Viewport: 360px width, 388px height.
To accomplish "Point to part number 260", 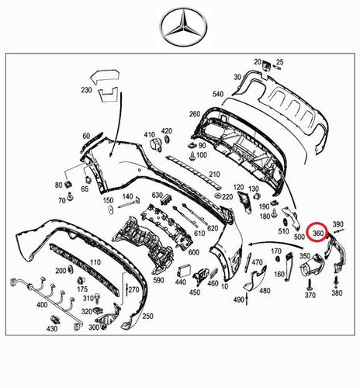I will (194, 114).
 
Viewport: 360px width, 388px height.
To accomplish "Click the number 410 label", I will (150, 133).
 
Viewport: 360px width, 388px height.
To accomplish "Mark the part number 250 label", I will (147, 317).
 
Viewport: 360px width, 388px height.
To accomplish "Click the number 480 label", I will (265, 291).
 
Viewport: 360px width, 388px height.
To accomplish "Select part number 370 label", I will (310, 296).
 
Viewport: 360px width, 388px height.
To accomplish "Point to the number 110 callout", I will (95, 264).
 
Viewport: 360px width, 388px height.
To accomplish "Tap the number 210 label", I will (214, 174).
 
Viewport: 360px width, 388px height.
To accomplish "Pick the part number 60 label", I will (85, 135).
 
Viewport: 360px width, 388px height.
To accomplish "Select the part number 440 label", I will (182, 282).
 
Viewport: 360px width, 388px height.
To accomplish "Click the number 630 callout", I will (157, 195).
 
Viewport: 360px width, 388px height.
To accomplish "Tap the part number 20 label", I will (258, 61).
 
